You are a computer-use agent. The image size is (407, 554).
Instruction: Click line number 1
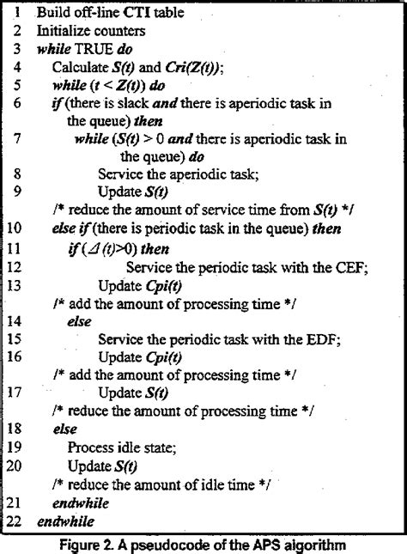point(18,13)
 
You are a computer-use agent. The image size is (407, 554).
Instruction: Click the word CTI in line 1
point(131,13)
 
